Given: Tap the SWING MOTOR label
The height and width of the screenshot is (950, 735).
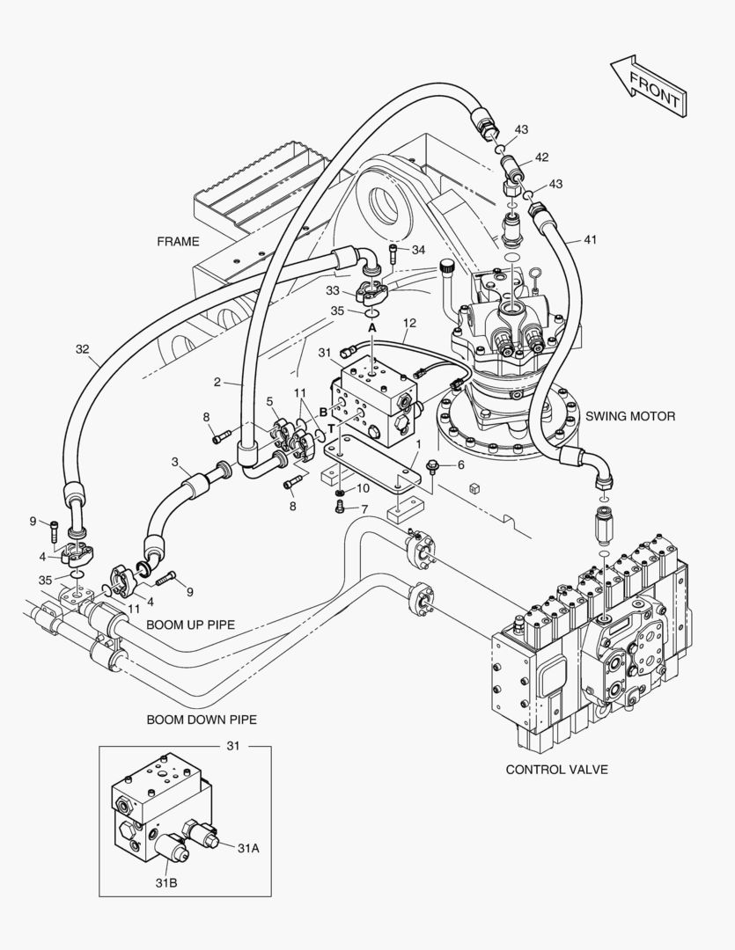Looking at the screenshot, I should [x=630, y=416].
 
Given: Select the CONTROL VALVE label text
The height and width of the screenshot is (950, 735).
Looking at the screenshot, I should [x=556, y=769].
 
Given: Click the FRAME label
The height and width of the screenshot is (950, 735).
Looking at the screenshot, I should [x=178, y=241].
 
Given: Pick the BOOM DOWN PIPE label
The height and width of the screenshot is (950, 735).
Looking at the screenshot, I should [x=202, y=719].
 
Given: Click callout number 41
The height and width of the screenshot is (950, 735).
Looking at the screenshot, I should [x=589, y=238].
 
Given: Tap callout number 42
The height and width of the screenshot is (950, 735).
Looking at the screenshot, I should [x=541, y=157].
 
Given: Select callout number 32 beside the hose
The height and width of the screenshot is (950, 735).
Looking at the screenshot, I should [x=82, y=349].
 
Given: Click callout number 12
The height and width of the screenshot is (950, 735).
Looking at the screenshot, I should [x=408, y=324].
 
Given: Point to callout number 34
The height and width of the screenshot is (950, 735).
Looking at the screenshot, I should [x=418, y=250].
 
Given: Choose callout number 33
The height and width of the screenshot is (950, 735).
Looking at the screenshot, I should [x=333, y=289].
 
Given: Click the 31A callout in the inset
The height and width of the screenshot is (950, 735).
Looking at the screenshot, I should [x=247, y=847].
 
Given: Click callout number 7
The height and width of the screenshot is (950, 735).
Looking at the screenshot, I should [x=364, y=509].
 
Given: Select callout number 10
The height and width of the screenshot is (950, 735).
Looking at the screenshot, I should [x=363, y=488].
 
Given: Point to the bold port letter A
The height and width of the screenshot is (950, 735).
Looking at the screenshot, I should [x=372, y=326].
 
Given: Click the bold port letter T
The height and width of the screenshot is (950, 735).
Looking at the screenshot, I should [x=332, y=429].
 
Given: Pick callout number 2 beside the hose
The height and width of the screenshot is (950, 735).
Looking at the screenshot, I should [x=217, y=383].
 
